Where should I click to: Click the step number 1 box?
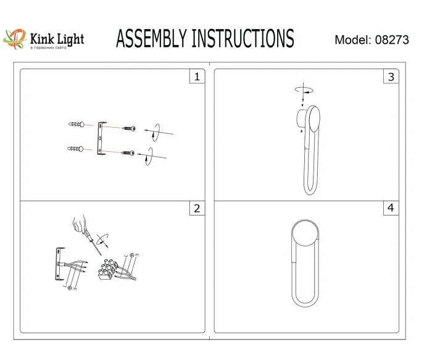tap(196, 77)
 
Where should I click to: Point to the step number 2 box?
tap(196, 208)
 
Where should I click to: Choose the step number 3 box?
tap(390, 77)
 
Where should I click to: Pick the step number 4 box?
tap(390, 208)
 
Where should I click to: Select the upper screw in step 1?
tap(130, 128)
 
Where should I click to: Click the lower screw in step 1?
tap(130, 152)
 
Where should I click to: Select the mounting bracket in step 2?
tap(60, 266)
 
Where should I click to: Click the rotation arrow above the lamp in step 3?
tap(304, 90)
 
